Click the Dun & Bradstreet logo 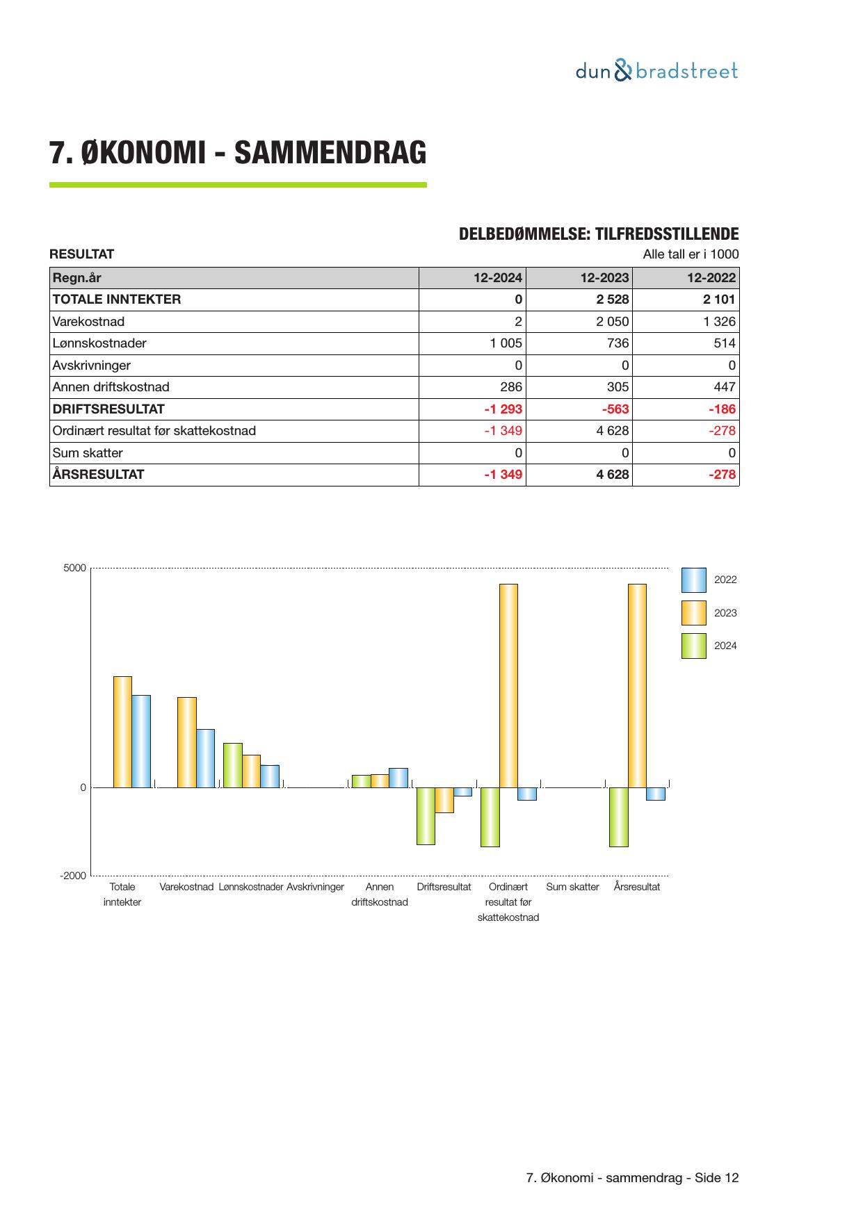click(656, 71)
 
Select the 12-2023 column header click(604, 278)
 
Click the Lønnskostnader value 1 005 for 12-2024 click(506, 343)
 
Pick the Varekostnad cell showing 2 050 click(612, 322)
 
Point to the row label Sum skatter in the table click(88, 453)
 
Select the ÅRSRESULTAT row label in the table click(98, 475)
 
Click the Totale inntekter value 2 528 click(612, 300)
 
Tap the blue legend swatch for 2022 click(693, 580)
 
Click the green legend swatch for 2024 click(693, 646)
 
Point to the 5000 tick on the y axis click(75, 568)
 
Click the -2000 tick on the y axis click(73, 876)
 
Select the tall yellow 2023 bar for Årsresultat click(637, 685)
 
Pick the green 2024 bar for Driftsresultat click(426, 816)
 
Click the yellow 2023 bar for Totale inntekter click(122, 732)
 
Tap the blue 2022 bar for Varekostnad click(206, 758)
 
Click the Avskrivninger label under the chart click(315, 887)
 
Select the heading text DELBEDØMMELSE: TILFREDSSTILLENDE click(599, 234)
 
